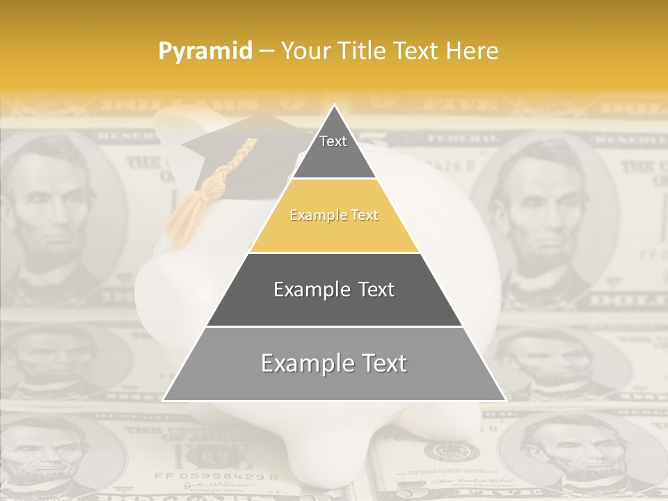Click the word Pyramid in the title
(205, 51)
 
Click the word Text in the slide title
(417, 51)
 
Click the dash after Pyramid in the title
(266, 51)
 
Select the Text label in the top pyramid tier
(333, 141)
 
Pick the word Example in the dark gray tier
(310, 289)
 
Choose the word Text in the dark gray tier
(375, 289)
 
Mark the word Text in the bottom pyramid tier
(383, 363)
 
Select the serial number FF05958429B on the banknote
(216, 477)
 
